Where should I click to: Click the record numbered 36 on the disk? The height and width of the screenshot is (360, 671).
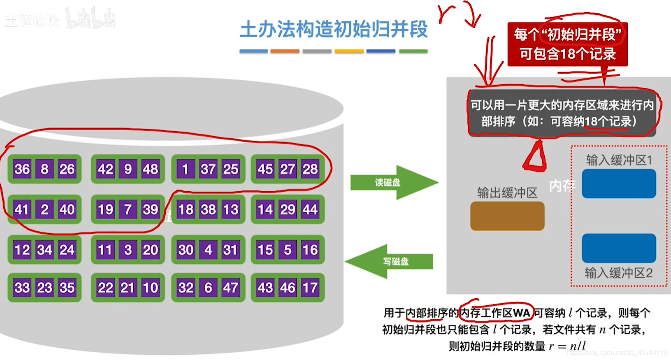[22, 169]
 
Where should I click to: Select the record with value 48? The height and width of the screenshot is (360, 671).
[150, 169]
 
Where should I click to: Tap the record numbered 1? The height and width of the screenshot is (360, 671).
[185, 169]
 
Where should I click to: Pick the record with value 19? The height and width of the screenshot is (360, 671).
[105, 209]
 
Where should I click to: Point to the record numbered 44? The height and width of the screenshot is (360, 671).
[310, 209]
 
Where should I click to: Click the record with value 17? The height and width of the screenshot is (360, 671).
[310, 288]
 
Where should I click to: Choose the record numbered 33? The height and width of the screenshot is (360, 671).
[22, 288]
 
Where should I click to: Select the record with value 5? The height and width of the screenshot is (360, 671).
[288, 250]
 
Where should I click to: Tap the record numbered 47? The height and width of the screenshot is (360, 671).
[230, 288]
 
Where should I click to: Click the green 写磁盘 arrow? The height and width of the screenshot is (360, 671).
[391, 261]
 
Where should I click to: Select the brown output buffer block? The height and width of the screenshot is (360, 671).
[507, 216]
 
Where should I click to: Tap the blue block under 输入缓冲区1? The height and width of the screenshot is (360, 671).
[619, 184]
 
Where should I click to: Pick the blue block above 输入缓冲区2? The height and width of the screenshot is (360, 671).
[619, 248]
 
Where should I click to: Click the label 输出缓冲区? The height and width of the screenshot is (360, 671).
[507, 193]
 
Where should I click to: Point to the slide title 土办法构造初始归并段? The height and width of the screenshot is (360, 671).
[334, 30]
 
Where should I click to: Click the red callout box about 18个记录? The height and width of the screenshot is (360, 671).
[567, 44]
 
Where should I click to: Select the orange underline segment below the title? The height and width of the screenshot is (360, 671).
[285, 51]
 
